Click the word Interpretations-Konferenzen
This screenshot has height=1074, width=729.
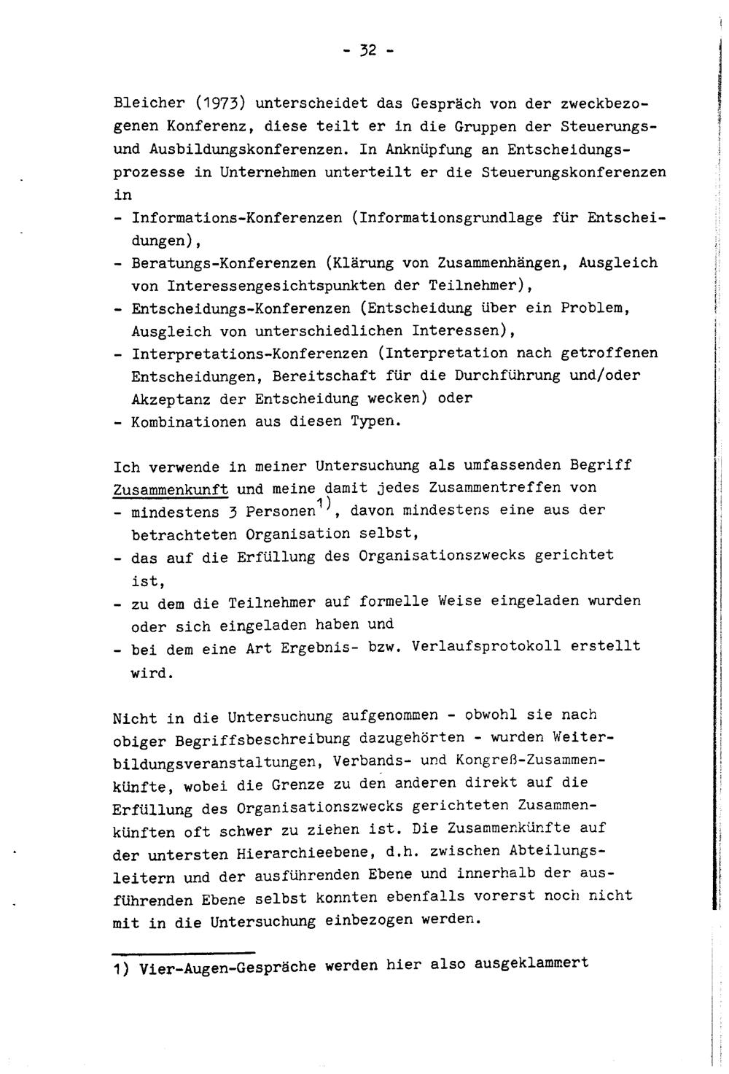(249, 354)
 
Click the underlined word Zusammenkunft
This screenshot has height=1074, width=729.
(171, 489)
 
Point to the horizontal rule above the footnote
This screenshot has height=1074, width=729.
(183, 952)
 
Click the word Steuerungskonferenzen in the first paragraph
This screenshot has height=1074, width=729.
(574, 173)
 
